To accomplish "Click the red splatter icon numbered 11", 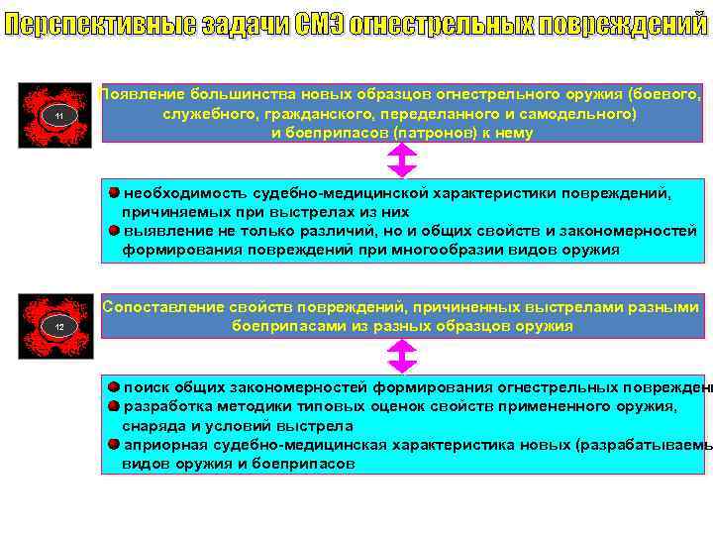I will (x=59, y=115).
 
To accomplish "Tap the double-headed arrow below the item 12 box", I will (x=402, y=356).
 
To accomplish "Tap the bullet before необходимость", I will (x=115, y=192).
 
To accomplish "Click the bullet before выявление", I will (x=115, y=230).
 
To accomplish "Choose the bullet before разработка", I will (x=115, y=406).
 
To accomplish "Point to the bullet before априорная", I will (x=115, y=444).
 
